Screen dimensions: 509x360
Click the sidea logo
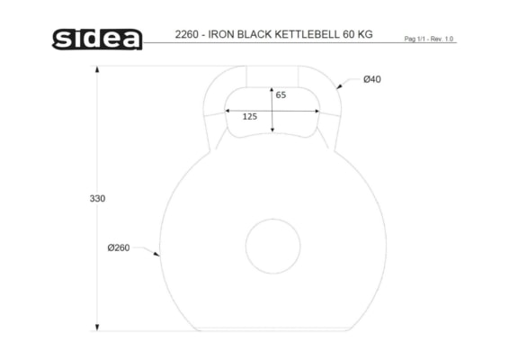pos(97,40)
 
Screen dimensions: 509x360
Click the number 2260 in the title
pos(187,34)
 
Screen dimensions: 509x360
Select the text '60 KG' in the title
pos(358,34)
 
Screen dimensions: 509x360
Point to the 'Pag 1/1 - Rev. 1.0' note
pos(428,39)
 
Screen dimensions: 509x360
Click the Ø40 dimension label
pos(372,79)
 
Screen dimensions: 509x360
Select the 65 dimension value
pos(281,94)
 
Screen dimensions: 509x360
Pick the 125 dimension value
pos(250,116)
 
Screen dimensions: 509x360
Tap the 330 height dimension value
pos(97,199)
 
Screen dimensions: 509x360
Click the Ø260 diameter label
pos(119,247)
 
